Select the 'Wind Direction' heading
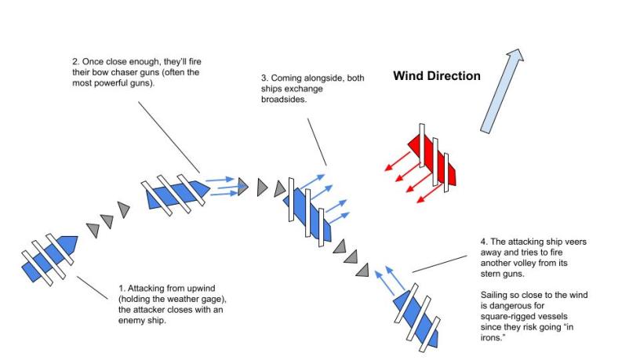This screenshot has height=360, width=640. [x=436, y=76]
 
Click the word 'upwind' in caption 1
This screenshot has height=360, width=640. [x=188, y=289]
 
